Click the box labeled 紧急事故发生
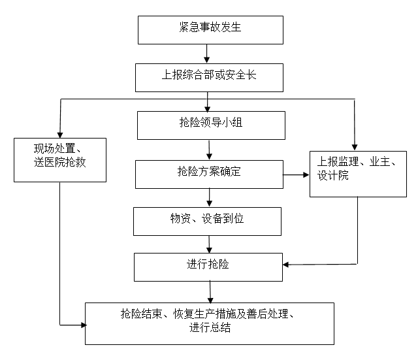click(210, 30)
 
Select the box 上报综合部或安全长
click(209, 78)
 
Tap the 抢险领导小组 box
click(211, 125)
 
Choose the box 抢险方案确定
click(209, 174)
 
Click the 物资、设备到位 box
click(207, 221)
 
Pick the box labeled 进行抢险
click(208, 267)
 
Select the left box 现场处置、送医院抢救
click(60, 160)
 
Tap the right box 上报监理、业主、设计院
click(358, 174)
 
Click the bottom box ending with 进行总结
click(210, 323)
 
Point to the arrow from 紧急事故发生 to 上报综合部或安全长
click(206, 54)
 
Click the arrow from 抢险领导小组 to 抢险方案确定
click(209, 150)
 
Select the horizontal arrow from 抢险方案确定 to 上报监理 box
click(296, 175)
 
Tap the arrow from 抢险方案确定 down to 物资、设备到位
click(209, 197)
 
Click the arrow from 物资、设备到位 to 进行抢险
click(209, 244)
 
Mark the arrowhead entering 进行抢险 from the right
click(285, 265)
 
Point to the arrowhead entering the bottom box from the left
click(84, 325)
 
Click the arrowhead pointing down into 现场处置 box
click(60, 135)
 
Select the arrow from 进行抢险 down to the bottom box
click(210, 292)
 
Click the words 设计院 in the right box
click(333, 176)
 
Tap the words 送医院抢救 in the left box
click(60, 162)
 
